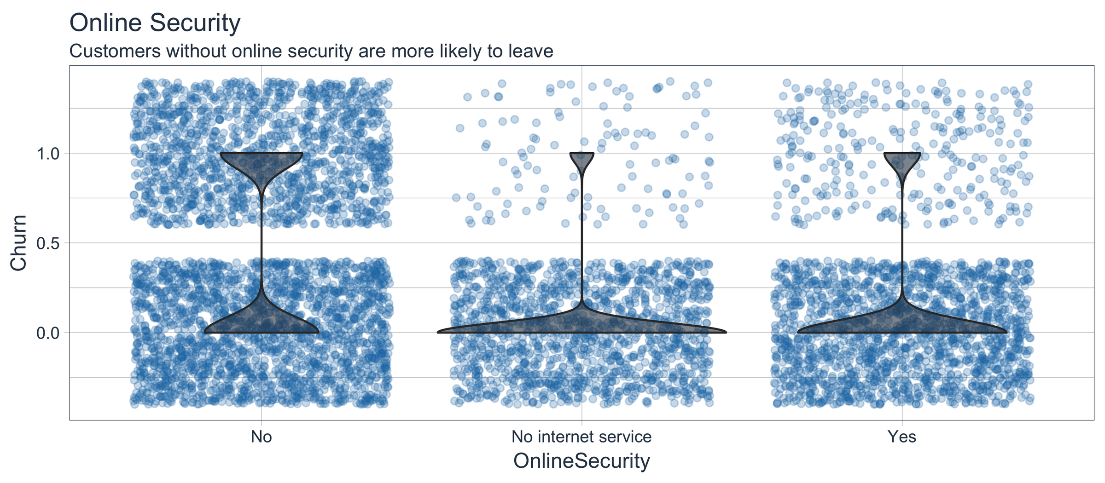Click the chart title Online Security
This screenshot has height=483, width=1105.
click(x=155, y=23)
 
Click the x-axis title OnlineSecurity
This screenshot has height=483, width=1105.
click(x=582, y=461)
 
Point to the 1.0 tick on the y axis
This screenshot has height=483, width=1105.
click(x=47, y=153)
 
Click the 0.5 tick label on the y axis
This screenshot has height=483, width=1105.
click(x=47, y=243)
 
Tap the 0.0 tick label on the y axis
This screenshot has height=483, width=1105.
click(x=47, y=333)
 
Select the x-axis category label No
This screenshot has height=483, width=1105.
click(x=262, y=437)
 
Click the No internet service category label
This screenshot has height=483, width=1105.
click(x=582, y=437)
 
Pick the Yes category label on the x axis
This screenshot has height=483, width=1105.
click(x=902, y=437)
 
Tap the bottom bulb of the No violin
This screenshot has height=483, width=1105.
click(x=262, y=320)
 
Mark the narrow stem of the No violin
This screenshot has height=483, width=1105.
click(x=262, y=239)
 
